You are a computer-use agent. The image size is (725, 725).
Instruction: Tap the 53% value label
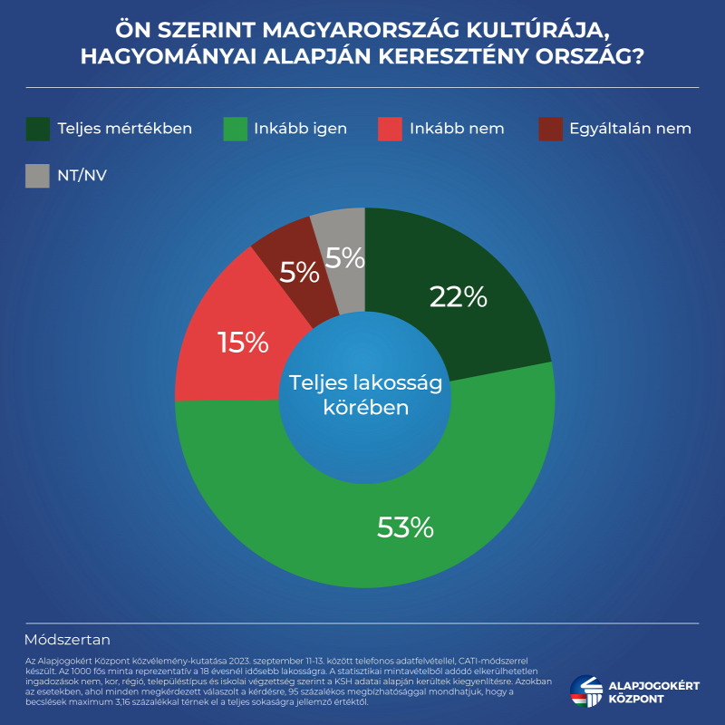406,527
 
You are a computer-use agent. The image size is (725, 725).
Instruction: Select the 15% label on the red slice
243,342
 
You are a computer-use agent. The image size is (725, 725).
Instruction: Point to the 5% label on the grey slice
344,259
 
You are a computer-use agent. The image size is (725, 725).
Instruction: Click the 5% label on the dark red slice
299,272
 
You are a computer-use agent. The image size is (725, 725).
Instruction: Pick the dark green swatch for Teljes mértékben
38,129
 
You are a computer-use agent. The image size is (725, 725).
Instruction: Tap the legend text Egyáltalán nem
630,129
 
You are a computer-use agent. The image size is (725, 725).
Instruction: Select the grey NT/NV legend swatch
38,176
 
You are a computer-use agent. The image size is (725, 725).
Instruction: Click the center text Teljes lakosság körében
365,395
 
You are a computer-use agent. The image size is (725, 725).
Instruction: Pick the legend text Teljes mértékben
124,129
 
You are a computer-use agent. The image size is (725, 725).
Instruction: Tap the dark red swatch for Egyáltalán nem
550,129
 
